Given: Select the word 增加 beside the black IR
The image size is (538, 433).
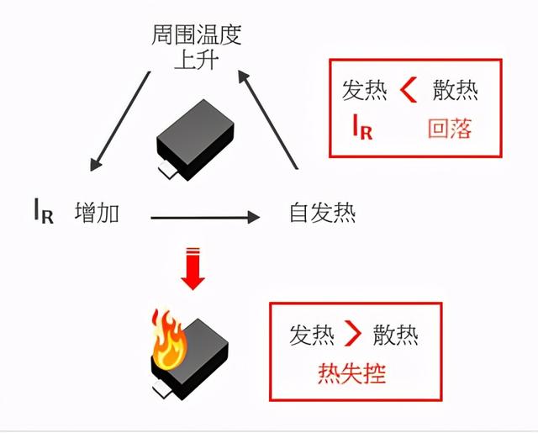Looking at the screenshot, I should (97, 213).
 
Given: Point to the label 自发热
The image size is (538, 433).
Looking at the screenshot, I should (322, 213).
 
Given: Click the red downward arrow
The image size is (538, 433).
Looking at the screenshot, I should (193, 268).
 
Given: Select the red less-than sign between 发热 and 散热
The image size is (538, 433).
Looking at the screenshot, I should (409, 89).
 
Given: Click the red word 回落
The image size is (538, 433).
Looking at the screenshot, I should (450, 129).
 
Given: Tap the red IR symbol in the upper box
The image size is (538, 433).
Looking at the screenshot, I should (362, 129).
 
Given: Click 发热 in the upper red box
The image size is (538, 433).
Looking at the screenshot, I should (364, 90).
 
